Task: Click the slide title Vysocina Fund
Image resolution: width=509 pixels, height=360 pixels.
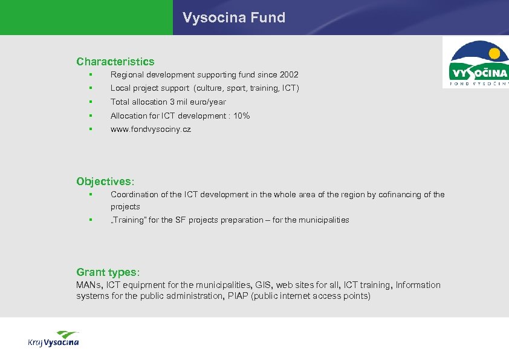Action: pos(234,18)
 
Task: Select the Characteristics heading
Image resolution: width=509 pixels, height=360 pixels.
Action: pos(115,61)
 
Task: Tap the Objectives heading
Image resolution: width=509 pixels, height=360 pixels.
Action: pos(105,181)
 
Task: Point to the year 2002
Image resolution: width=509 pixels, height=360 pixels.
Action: pos(289,74)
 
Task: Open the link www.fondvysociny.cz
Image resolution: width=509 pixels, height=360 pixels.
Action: pos(151,129)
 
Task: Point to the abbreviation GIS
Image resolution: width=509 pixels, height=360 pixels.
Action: pos(264,285)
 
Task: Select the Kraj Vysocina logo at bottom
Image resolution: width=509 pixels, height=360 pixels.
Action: pos(53,339)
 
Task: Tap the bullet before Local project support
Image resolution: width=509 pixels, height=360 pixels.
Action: pos(89,88)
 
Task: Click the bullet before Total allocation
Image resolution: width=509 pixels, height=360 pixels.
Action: pos(89,102)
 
